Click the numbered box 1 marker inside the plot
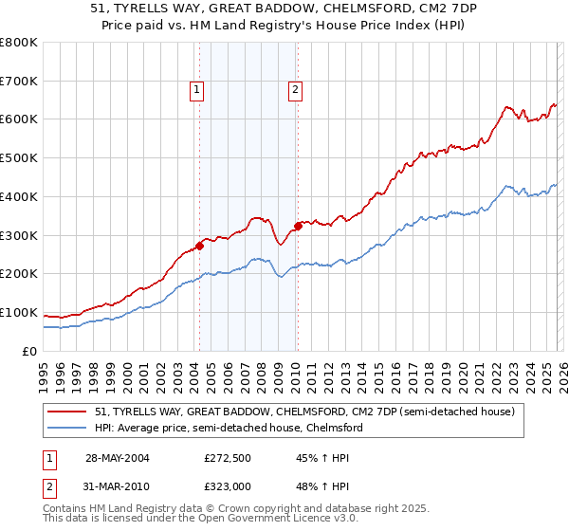point(196,90)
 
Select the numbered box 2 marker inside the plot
point(296,90)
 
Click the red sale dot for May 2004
point(200,246)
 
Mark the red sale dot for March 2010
point(298,226)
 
